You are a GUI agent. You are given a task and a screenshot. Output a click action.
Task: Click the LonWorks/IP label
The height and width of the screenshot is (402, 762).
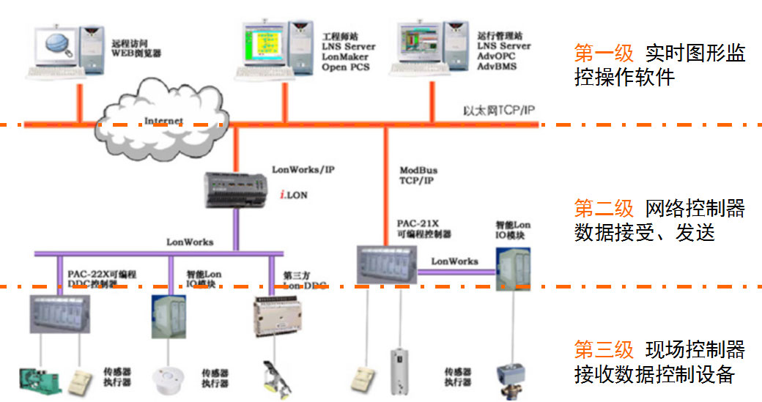click(x=303, y=169)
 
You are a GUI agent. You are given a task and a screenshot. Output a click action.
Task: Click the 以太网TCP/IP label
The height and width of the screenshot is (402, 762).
click(x=499, y=111)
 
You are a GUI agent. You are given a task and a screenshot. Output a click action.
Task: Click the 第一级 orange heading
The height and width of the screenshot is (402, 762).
click(x=604, y=53)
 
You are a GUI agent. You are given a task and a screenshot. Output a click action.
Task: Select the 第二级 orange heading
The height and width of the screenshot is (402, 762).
click(x=604, y=209)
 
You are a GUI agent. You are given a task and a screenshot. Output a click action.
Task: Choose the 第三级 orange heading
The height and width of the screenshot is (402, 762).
click(x=604, y=349)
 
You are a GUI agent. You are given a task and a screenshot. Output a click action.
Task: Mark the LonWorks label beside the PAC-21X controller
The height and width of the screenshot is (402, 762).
click(x=454, y=261)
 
